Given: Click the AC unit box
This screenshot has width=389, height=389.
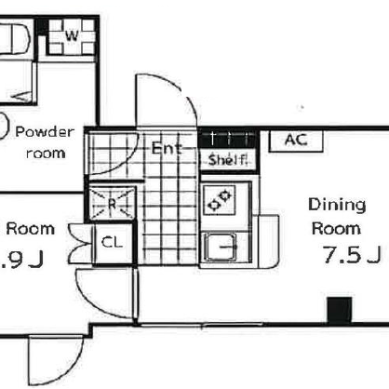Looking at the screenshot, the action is click(296, 141).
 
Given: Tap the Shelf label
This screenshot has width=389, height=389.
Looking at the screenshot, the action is click(228, 160).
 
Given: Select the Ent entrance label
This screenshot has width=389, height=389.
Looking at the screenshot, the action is click(167, 148).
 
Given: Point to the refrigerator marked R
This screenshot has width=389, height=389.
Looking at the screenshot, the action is click(112, 202).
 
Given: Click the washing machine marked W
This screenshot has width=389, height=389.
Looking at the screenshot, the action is click(72, 35).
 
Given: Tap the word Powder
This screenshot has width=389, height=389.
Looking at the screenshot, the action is click(45, 132).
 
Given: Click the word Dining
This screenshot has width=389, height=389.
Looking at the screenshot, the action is click(337, 206).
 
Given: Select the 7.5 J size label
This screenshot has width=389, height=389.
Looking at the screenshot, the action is click(352, 254).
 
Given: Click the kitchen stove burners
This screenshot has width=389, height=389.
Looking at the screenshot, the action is click(220, 200).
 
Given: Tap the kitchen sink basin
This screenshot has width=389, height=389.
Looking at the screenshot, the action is click(221, 247).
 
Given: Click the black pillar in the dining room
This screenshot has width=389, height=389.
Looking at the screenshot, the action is click(340, 310).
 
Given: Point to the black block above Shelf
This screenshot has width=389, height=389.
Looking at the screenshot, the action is click(229, 139).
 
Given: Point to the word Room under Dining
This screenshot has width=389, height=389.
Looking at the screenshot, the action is click(336, 229).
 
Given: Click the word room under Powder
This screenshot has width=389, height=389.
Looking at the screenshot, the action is click(46, 154).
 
